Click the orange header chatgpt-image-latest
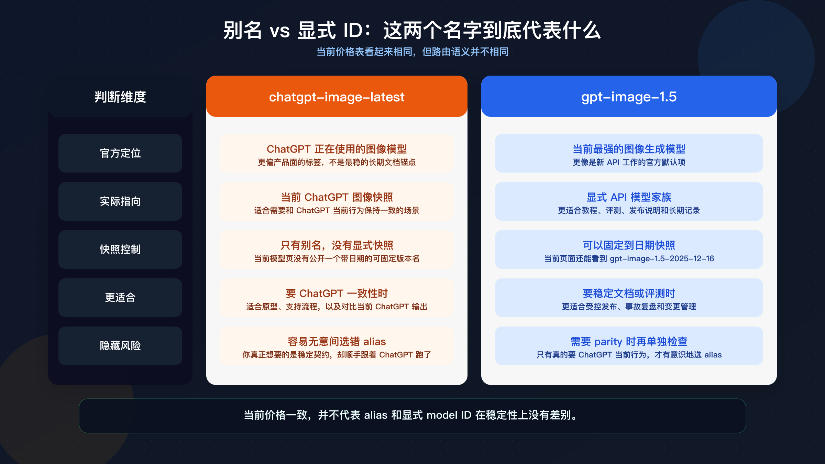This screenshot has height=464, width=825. (x=337, y=97)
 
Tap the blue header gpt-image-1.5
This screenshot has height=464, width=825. (x=629, y=97)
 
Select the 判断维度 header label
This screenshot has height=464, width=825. (x=120, y=97)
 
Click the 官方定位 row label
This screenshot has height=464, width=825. (x=120, y=153)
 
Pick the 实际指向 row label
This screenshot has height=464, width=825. (x=120, y=201)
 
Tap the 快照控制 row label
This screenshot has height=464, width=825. (x=120, y=250)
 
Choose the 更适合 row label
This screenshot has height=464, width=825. (x=120, y=298)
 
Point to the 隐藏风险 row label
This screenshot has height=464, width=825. (x=120, y=346)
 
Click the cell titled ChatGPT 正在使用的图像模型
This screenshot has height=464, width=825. (x=337, y=153)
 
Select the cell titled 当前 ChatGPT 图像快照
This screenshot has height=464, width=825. (x=337, y=201)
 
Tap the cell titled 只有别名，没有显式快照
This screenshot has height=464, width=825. (x=337, y=250)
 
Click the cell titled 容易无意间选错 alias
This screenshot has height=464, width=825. (x=337, y=346)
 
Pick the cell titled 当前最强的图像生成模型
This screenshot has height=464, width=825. (x=629, y=153)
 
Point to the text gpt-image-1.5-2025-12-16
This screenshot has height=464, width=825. (x=662, y=258)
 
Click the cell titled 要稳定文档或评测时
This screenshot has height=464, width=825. (x=629, y=298)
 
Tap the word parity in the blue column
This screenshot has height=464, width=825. (x=608, y=342)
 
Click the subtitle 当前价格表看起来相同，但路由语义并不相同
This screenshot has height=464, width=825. (x=412, y=52)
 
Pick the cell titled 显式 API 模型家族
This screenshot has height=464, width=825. (x=629, y=201)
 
